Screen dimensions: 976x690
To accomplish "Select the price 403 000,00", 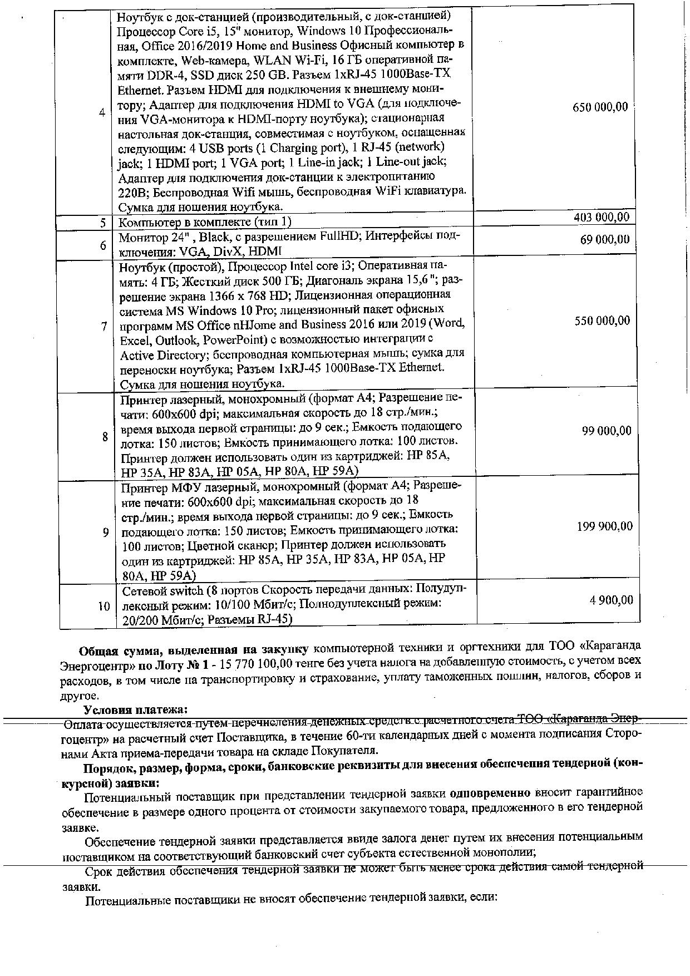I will [x=602, y=217].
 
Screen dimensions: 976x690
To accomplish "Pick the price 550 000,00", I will [x=602, y=321].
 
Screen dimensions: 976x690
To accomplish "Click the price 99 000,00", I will [x=607, y=431].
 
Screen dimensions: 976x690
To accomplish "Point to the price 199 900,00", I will [x=604, y=526].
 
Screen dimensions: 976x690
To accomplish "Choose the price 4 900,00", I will [x=611, y=600].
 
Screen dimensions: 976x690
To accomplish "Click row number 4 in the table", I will [x=102, y=112].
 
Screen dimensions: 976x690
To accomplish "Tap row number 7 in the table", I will [x=104, y=326].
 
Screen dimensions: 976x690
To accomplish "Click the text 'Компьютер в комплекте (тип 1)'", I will [x=205, y=222].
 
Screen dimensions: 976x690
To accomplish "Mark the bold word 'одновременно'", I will [x=489, y=792].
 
